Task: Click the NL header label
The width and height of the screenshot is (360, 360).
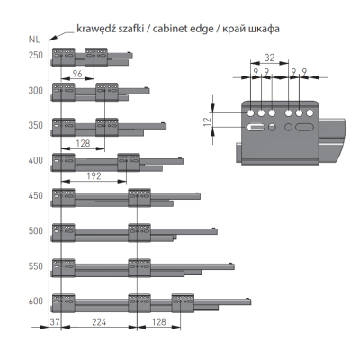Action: [x=34, y=40]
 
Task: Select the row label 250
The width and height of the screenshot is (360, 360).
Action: [x=36, y=56]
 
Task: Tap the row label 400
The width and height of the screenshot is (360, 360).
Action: [x=36, y=160]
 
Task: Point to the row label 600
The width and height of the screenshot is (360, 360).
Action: [x=36, y=301]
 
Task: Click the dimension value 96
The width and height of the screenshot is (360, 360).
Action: [x=77, y=74]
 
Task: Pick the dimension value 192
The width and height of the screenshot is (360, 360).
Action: [x=94, y=176]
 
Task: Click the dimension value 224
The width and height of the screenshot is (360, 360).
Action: [x=99, y=322]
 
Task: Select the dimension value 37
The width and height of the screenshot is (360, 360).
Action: [x=55, y=322]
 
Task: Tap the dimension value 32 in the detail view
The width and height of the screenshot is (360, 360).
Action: [x=269, y=58]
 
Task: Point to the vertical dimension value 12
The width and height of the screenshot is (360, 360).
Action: [x=208, y=121]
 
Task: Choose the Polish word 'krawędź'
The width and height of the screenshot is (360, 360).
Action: [x=94, y=29]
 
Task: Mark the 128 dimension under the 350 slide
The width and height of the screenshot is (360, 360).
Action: [x=83, y=143]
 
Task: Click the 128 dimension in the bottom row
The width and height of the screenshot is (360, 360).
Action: [x=158, y=322]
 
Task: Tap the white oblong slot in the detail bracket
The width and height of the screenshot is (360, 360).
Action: [x=256, y=127]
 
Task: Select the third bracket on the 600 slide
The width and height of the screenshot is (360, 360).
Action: [x=183, y=303]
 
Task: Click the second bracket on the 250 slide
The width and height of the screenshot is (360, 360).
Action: [x=96, y=57]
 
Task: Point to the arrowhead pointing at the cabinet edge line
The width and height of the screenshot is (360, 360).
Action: [x=51, y=38]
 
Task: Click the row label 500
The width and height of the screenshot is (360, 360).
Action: [x=36, y=230]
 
